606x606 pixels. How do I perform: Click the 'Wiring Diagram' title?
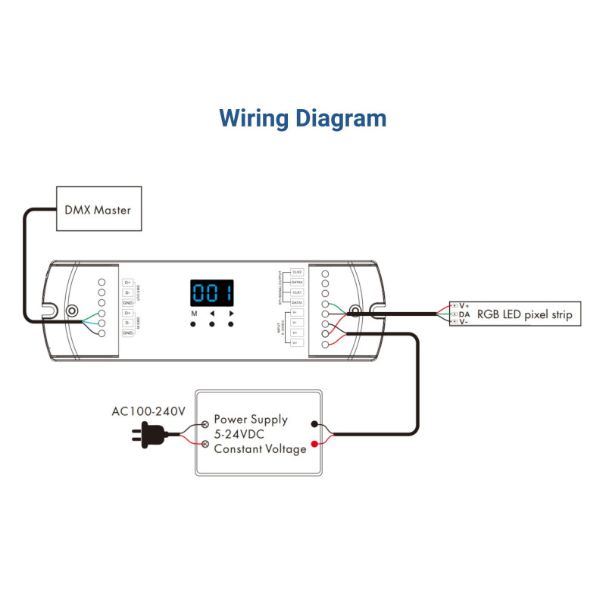[303, 118]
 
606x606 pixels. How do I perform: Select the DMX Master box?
[98, 209]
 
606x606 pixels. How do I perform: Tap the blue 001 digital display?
[211, 292]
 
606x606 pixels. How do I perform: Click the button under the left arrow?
[212, 324]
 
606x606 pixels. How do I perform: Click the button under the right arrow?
[231, 324]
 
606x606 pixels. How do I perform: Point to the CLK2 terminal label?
[297, 272]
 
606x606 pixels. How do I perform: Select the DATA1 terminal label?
[297, 302]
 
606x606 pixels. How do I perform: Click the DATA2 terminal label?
[297, 282]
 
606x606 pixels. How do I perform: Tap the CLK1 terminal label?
[297, 292]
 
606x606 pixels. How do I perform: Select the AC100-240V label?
[148, 412]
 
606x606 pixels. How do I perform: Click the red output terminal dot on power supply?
[314, 445]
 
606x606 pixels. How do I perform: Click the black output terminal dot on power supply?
[314, 426]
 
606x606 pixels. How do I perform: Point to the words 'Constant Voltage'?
[260, 449]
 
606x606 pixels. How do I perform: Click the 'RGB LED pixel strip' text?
[524, 314]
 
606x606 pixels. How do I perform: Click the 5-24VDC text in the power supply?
[241, 434]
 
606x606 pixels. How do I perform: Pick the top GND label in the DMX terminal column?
[128, 302]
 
